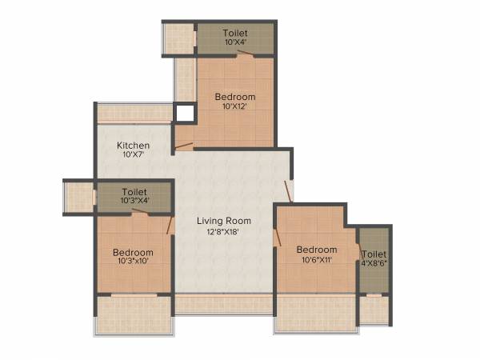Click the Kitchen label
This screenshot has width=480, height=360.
(133, 146)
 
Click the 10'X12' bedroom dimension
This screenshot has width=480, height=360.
(234, 107)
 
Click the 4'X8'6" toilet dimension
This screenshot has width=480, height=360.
(374, 262)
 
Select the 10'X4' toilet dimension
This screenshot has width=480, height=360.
(235, 42)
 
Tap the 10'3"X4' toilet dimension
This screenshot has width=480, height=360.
(134, 201)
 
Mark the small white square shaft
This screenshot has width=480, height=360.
(185, 113)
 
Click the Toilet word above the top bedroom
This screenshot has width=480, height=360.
(235, 33)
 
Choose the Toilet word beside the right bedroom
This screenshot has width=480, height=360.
(374, 254)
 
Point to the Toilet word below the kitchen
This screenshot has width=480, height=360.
(134, 191)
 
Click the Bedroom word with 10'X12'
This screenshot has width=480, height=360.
(234, 97)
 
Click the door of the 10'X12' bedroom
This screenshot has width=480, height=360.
(184, 146)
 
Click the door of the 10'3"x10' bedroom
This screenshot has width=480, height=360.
(170, 224)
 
